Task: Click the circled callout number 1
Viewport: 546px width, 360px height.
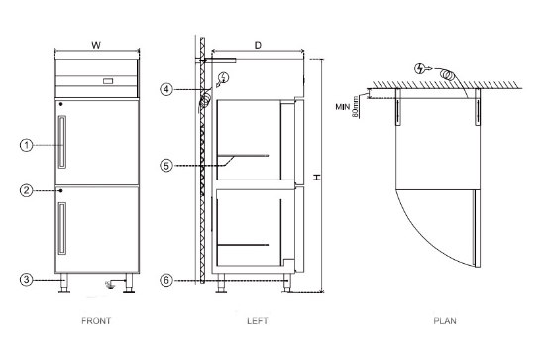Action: point(27,145)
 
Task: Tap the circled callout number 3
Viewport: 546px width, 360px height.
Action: point(27,280)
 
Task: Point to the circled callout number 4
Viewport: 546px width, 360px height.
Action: point(168,89)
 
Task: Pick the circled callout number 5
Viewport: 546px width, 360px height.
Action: point(168,166)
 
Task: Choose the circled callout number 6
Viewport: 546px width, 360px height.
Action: point(168,280)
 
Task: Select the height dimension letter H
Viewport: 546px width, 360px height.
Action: point(316,176)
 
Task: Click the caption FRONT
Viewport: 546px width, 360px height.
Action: point(96,320)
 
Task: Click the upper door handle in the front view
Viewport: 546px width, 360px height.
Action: point(63,141)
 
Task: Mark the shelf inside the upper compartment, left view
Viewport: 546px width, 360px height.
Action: point(243,156)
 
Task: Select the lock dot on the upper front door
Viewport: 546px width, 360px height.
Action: point(60,104)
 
